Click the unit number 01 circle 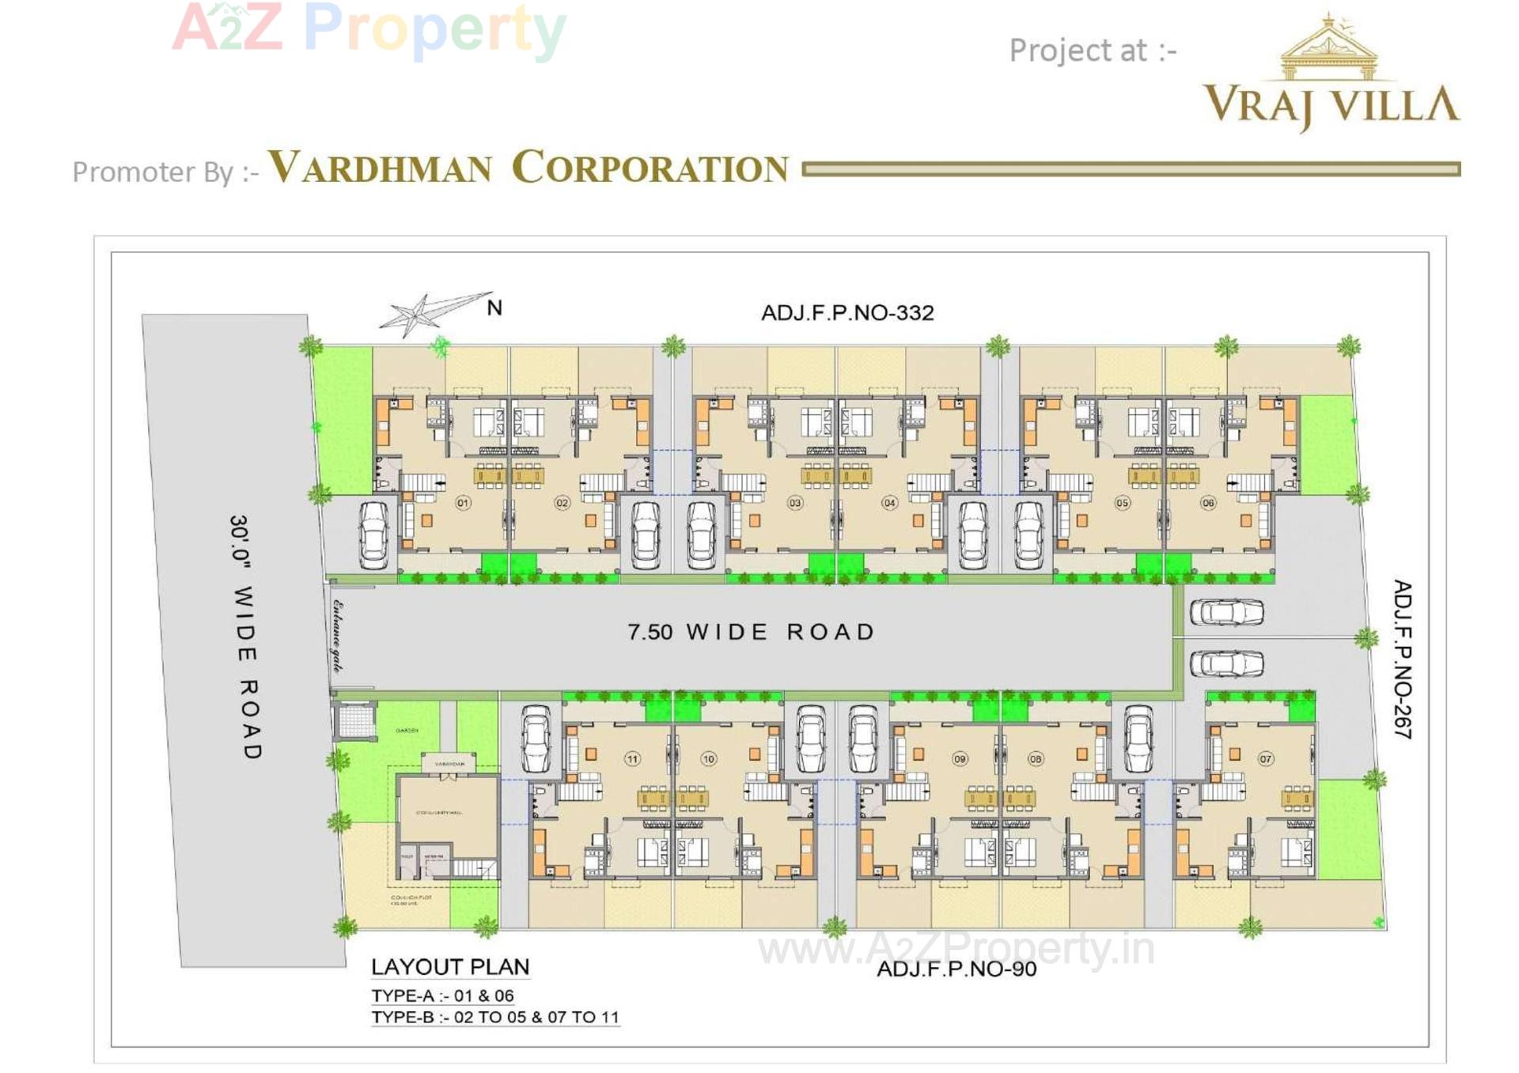pos(463,503)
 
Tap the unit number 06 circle pos(1207,503)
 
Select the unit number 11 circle pos(632,759)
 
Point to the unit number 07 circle pos(1266,759)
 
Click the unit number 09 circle pos(960,759)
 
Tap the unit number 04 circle pos(889,503)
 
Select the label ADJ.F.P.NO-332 pos(847,313)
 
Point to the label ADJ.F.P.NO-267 pos(1402,659)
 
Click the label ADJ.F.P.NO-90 pos(956,969)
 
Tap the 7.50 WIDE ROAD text pos(751,632)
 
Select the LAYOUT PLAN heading pos(450,967)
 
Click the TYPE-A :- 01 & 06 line pos(443,996)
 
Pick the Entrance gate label pos(339,637)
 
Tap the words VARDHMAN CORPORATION pos(528,168)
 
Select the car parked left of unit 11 pos(536,737)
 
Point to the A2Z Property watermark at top pos(369,28)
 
